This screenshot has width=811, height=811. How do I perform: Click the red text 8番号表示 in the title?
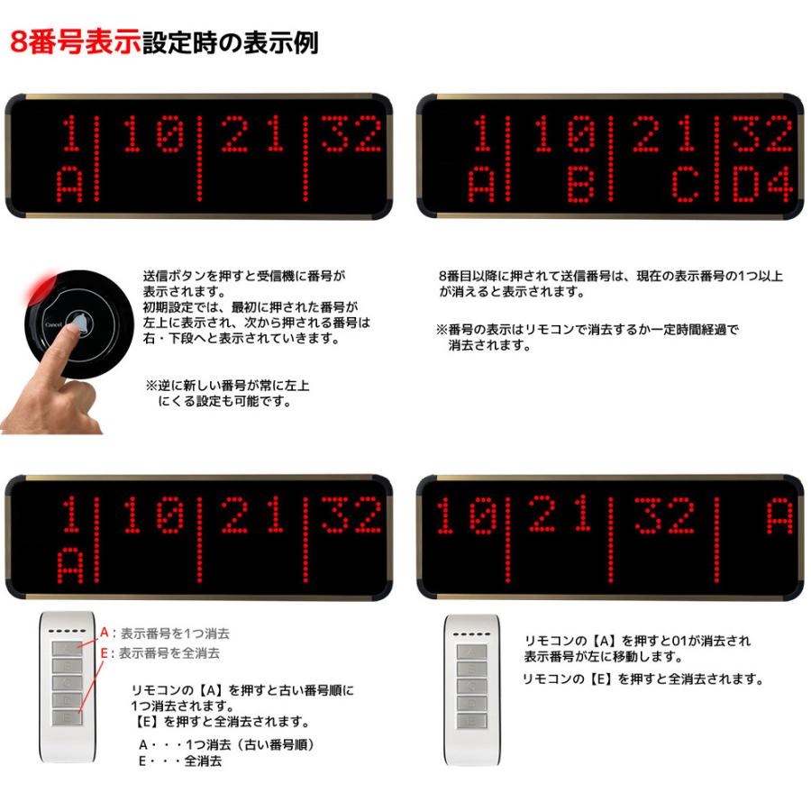point(76,41)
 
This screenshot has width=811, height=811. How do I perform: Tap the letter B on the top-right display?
point(581,184)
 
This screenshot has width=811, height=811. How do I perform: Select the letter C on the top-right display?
point(686,184)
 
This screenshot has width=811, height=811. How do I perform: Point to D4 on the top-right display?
point(762,184)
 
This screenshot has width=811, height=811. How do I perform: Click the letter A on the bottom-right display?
point(779,515)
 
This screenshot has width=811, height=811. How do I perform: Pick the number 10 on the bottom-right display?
point(467,515)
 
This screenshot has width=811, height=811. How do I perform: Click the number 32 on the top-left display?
point(351,134)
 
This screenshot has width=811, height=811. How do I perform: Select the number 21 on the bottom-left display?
point(253,515)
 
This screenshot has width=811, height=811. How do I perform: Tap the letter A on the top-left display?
point(69,185)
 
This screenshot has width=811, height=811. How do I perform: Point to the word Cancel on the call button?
point(54,324)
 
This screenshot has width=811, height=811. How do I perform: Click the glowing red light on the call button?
point(39,285)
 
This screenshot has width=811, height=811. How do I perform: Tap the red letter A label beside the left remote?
point(105,633)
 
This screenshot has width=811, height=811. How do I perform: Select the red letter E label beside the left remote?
point(104,652)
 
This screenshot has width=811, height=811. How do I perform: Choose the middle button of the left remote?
point(68,682)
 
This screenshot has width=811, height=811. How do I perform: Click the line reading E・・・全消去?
point(180,761)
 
